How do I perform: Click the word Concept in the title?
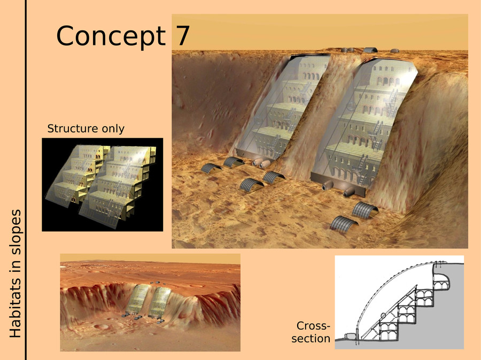(x=111, y=36)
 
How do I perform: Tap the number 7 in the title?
(x=183, y=35)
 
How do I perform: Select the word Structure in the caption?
(x=72, y=129)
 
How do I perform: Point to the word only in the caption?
(x=112, y=129)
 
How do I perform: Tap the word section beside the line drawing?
(x=311, y=339)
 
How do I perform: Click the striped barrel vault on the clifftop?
(x=370, y=50)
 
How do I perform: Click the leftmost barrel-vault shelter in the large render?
(x=211, y=169)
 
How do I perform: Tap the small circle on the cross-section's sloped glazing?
(x=383, y=315)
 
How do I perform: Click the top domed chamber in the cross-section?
(x=441, y=281)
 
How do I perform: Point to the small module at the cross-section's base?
(x=350, y=336)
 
